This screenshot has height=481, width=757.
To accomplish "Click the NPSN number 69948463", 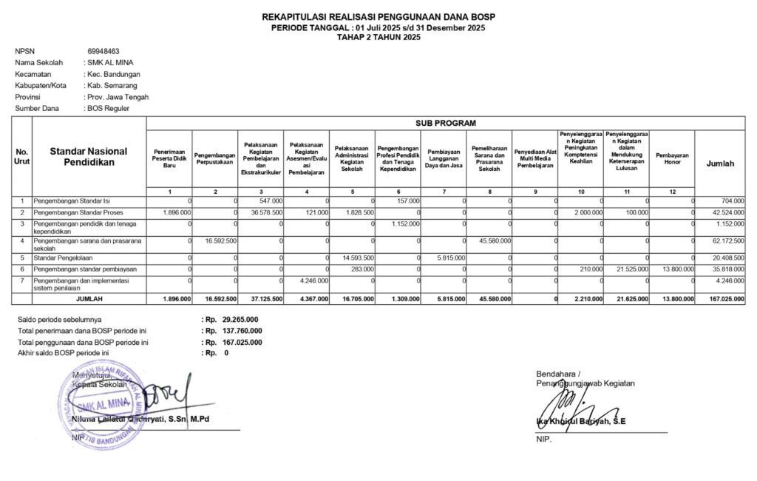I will pyautogui.click(x=103, y=51).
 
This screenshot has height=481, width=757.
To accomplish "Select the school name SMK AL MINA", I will pyautogui.click(x=111, y=63).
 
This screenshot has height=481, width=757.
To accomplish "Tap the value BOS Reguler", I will pyautogui.click(x=109, y=108).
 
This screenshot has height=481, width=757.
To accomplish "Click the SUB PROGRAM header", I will pyautogui.click(x=446, y=123).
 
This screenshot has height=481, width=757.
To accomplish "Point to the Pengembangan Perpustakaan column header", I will pyautogui.click(x=215, y=158).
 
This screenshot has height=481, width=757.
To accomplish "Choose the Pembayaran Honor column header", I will pyautogui.click(x=672, y=158).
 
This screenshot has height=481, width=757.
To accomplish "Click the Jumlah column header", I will pyautogui.click(x=721, y=164).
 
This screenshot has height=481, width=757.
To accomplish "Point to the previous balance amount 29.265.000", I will pyautogui.click(x=236, y=319).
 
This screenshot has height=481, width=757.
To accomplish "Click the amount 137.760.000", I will pyautogui.click(x=237, y=331).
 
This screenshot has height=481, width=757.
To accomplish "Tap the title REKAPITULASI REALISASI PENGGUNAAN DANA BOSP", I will pyautogui.click(x=378, y=17).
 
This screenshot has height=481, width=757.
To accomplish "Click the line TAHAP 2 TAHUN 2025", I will pyautogui.click(x=378, y=37).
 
